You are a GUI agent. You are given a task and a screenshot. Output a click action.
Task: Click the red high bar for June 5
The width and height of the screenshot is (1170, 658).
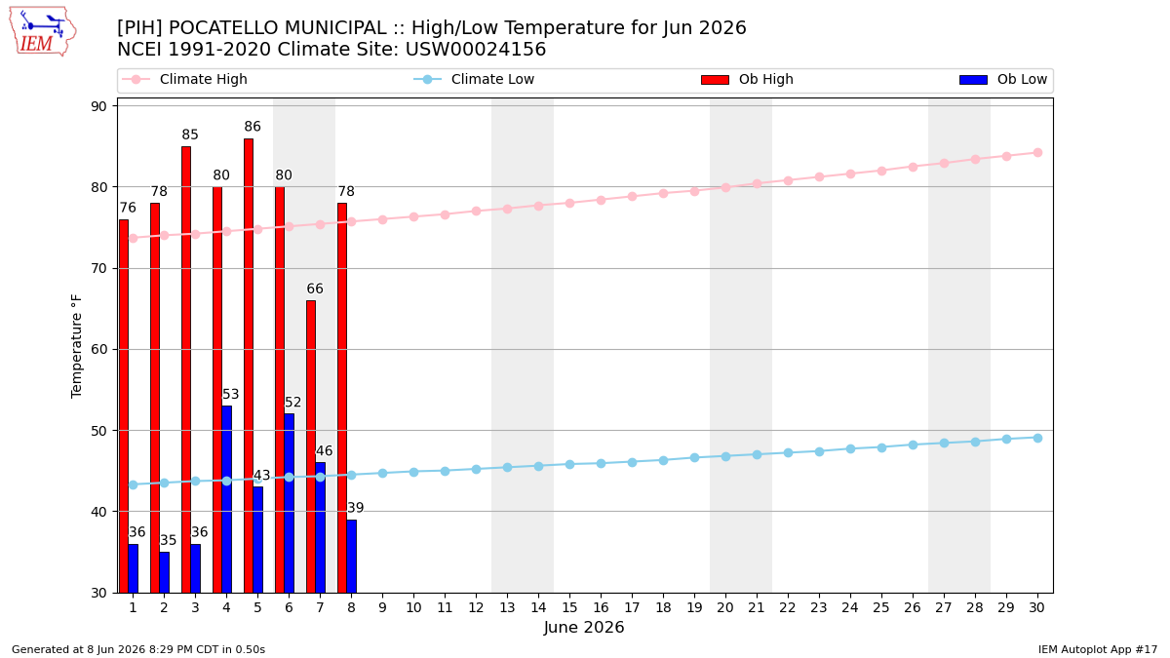click(249, 366)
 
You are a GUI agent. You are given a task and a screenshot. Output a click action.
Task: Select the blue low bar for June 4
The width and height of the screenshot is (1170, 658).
click(226, 499)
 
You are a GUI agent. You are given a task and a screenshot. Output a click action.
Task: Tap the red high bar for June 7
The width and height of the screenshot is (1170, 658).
click(311, 446)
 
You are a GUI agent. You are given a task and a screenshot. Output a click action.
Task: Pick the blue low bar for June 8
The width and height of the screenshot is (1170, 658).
click(352, 557)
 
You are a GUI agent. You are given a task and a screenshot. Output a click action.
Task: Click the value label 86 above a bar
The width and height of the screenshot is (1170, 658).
click(253, 127)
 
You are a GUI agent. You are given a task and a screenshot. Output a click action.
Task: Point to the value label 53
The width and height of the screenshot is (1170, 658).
click(230, 394)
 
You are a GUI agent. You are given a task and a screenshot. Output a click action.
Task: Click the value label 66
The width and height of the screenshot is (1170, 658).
click(314, 289)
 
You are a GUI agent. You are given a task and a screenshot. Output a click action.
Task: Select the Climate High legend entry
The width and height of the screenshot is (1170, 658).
click(184, 79)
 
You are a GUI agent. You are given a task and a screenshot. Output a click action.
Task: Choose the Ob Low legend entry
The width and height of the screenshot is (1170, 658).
click(1003, 79)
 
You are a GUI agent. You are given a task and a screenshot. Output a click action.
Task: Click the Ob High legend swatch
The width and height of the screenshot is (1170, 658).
click(715, 80)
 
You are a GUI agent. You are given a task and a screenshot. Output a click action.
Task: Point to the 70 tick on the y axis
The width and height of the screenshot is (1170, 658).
click(98, 268)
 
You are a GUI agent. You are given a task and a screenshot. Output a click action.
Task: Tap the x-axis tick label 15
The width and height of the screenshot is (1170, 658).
click(569, 607)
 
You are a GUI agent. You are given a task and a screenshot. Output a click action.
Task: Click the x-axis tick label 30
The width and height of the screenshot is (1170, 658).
click(1037, 607)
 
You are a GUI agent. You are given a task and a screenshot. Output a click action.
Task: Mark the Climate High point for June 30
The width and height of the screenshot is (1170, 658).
click(1037, 152)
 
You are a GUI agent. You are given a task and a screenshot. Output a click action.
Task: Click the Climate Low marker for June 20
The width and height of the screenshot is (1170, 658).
click(725, 456)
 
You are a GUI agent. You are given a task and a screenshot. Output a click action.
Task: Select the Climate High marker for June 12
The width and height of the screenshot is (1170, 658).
click(477, 211)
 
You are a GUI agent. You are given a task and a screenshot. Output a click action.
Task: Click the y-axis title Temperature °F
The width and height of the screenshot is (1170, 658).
click(76, 346)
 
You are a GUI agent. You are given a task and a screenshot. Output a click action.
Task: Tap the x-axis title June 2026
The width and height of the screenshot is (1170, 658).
click(584, 627)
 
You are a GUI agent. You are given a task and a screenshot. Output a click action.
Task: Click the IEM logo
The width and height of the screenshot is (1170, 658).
click(43, 32)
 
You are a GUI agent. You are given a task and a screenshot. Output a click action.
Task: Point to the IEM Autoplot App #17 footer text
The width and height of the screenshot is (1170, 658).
click(1098, 649)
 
